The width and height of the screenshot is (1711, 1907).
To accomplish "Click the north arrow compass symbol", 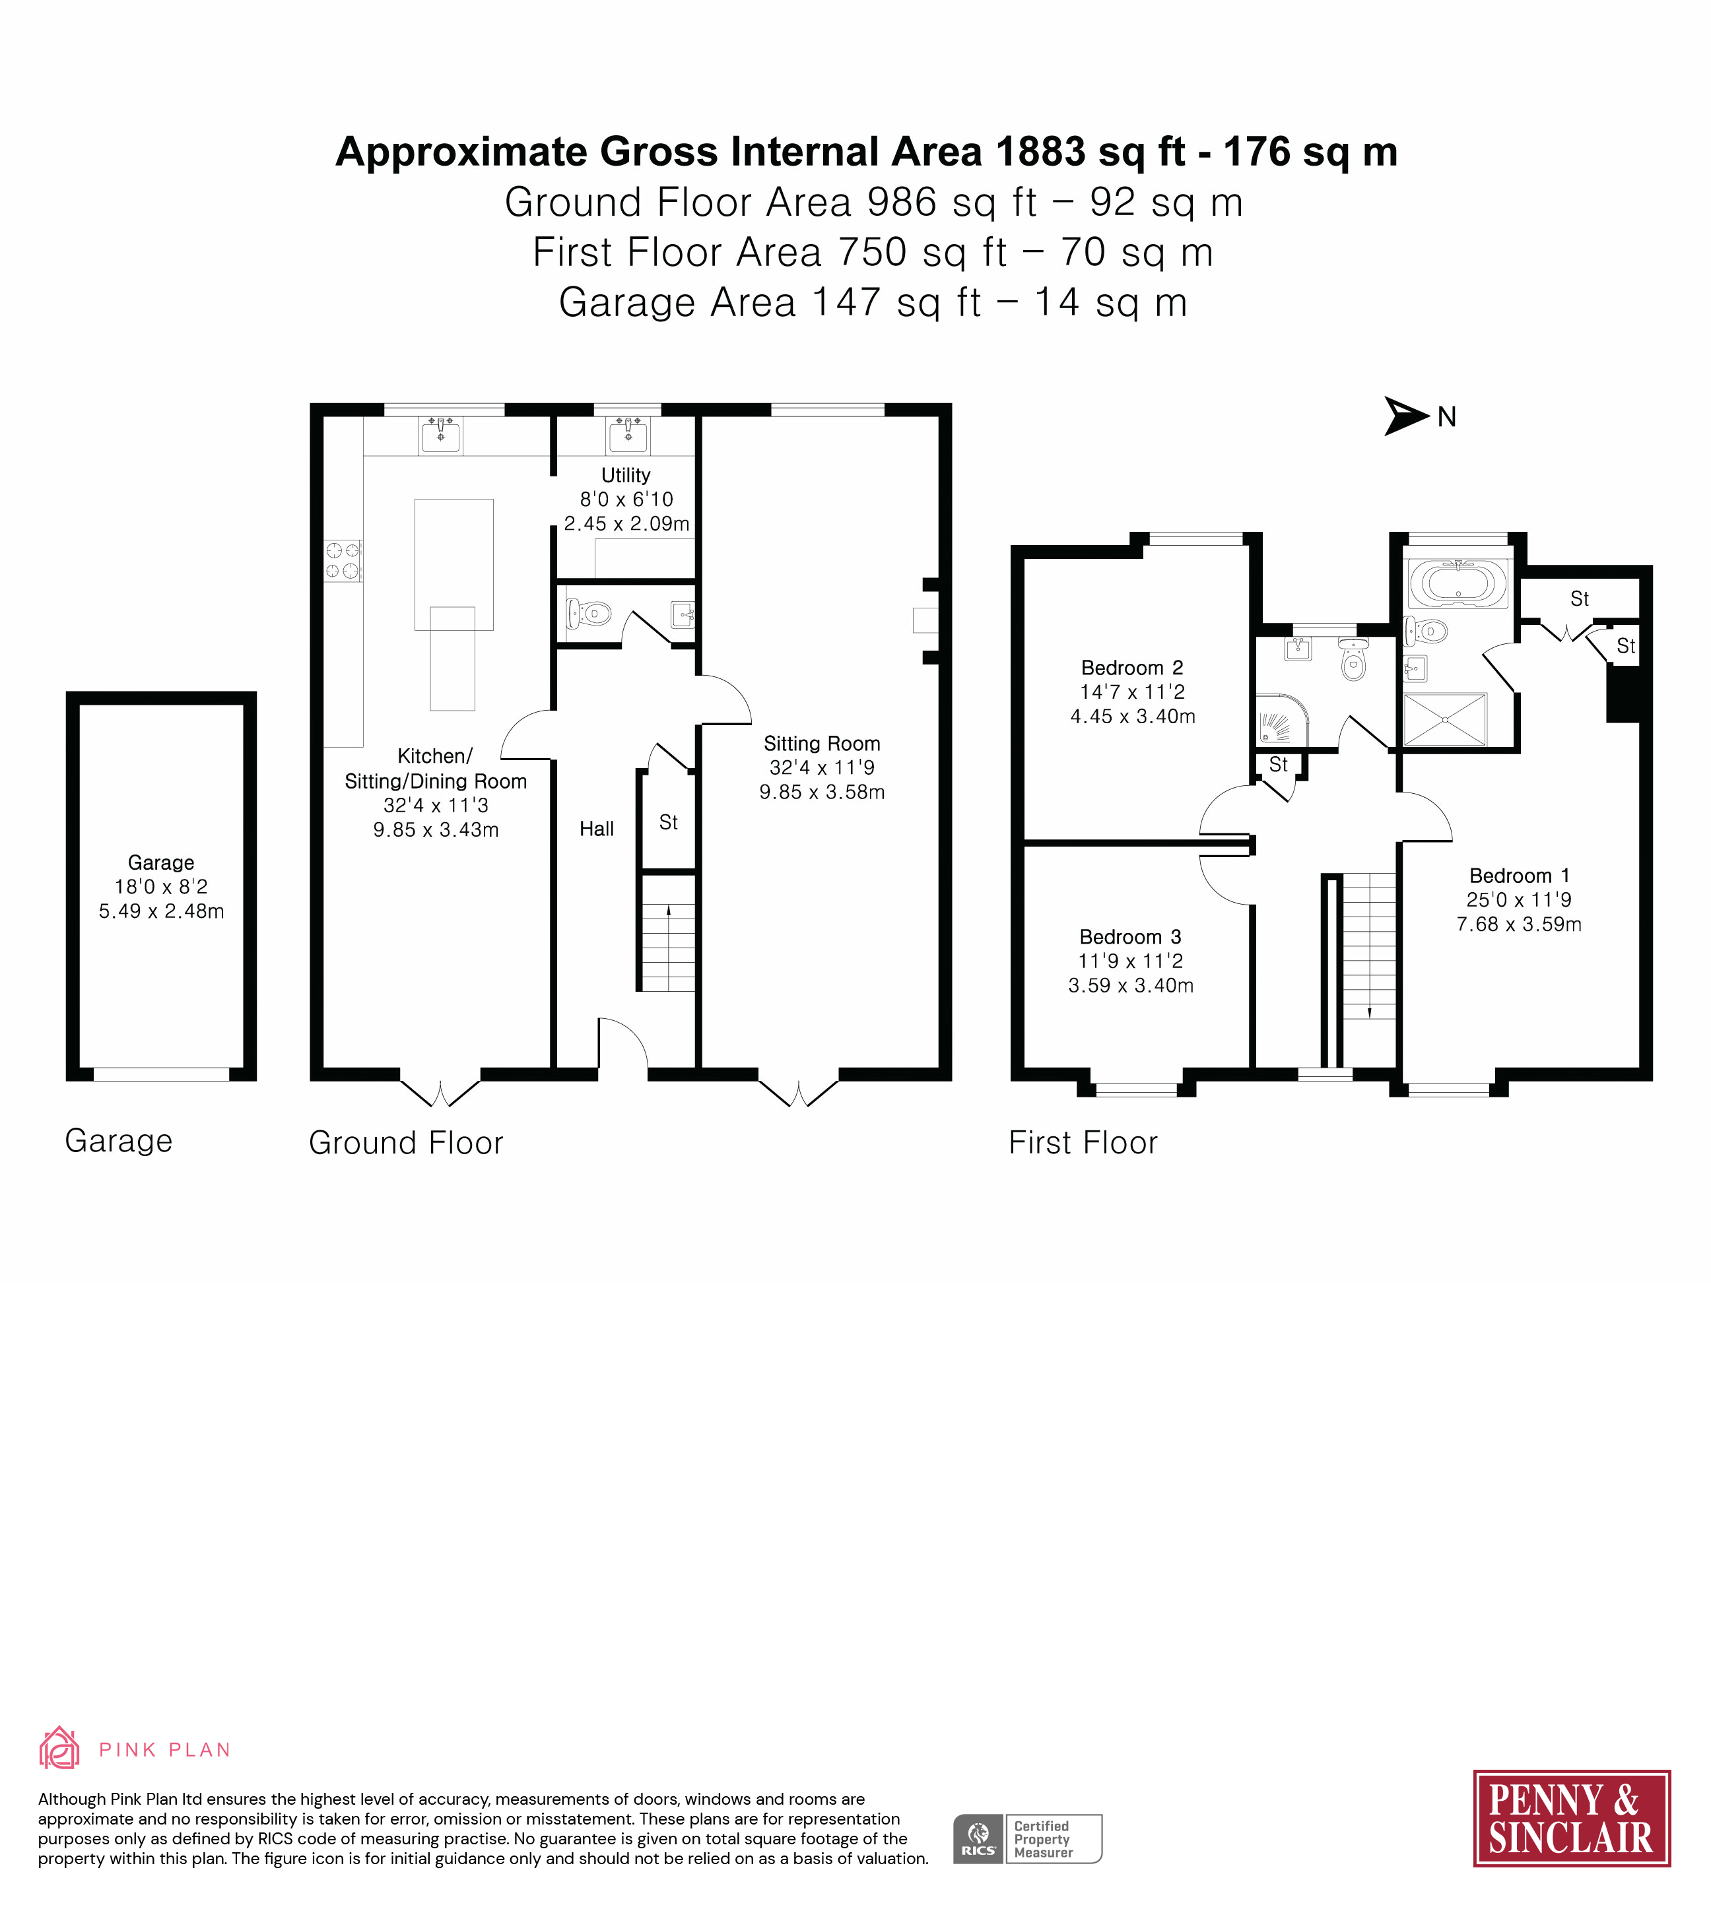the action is [x=1407, y=416].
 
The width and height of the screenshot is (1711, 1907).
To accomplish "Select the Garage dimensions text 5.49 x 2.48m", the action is [x=162, y=911].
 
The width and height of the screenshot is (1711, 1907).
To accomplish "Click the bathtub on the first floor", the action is [x=1457, y=584].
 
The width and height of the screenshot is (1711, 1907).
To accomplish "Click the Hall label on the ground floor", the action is [x=597, y=829].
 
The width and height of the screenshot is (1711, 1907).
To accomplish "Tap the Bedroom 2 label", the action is [x=1132, y=668].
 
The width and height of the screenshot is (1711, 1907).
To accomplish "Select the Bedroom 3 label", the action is [x=1130, y=937].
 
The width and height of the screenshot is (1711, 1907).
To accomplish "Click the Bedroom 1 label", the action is [x=1519, y=876].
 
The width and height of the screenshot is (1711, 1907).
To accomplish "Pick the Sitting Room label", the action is [x=822, y=744].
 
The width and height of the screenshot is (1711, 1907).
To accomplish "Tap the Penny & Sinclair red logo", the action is [x=1571, y=1819].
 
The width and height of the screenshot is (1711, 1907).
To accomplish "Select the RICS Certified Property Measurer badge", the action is [x=1028, y=1839].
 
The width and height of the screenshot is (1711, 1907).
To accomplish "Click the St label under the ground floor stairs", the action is [x=669, y=822].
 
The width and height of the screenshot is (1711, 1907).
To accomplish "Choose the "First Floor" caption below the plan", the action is [x=1083, y=1143].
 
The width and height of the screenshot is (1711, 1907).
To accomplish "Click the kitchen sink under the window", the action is [x=440, y=435].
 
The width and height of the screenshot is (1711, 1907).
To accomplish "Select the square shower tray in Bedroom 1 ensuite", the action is [x=1445, y=720].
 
